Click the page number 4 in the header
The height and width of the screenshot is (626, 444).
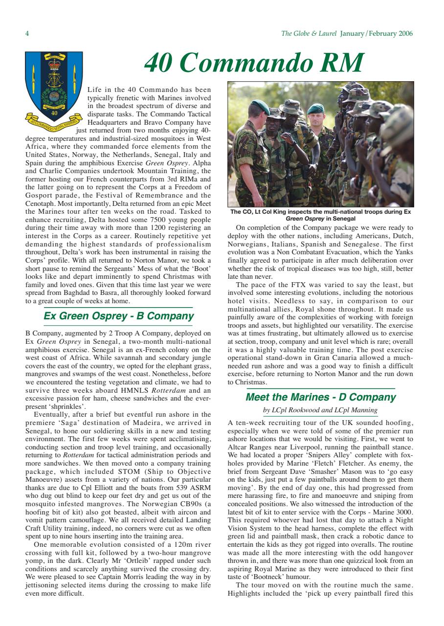click(x=27, y=34)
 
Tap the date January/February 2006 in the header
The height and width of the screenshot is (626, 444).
click(x=377, y=34)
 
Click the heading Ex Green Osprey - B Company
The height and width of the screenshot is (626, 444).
click(x=119, y=316)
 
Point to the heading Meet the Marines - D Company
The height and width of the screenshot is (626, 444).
click(x=320, y=397)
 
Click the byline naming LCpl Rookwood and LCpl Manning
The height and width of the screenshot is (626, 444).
click(x=320, y=410)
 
